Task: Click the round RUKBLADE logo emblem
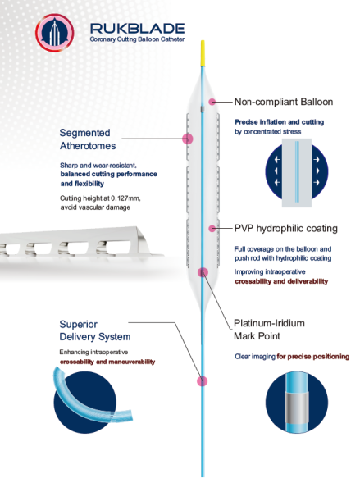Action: tap(55, 33)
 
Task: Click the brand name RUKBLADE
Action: tap(137, 29)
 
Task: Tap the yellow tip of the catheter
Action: tap(203, 53)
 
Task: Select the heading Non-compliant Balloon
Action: tap(284, 102)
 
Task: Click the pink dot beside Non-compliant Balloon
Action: tap(212, 102)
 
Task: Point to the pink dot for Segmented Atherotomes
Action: tap(188, 139)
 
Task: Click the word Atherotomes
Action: tap(88, 146)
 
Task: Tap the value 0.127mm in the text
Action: tap(125, 198)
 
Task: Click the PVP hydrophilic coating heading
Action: tap(286, 229)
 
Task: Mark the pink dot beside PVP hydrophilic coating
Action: tap(212, 229)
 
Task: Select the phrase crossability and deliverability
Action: tap(281, 281)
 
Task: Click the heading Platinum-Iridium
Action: tap(269, 323)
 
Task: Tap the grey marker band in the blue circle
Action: tap(297, 408)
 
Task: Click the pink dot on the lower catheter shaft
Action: tap(202, 381)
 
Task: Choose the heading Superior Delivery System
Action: tap(95, 330)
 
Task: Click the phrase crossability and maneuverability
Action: tap(107, 362)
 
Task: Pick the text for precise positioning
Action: tap(313, 357)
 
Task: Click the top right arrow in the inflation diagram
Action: tap(317, 160)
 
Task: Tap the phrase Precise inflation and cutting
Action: tap(280, 122)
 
